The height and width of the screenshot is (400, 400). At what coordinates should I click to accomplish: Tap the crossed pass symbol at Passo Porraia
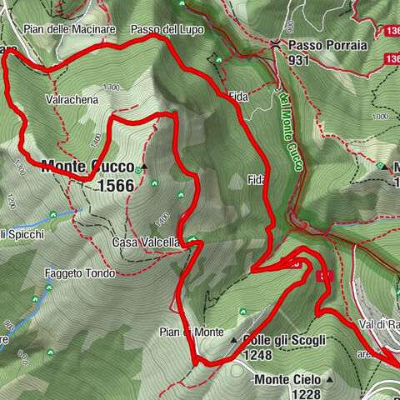point(274,45)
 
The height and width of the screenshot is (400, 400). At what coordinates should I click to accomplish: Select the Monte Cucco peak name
point(87,166)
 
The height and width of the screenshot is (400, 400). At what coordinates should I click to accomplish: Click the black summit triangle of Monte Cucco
point(144,166)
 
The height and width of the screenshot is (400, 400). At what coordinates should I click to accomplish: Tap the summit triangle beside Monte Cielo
point(330,380)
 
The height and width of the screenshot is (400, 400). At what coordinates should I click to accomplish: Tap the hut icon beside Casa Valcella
point(192,242)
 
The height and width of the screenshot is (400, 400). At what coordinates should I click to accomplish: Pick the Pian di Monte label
point(191,332)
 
